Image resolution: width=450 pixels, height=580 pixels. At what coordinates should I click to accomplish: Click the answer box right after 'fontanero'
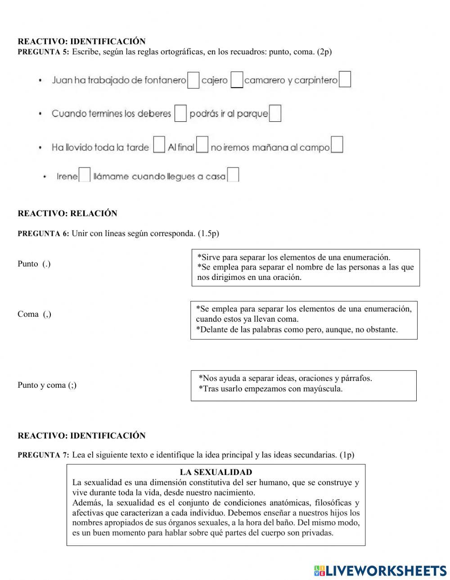click(193, 80)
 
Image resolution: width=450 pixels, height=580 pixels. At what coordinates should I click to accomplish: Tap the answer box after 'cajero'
click(237, 80)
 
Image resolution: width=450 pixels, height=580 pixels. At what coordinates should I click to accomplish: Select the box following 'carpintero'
click(345, 80)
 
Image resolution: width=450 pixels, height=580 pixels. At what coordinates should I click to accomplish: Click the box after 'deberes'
click(180, 113)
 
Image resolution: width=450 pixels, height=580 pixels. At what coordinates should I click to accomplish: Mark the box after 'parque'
click(275, 113)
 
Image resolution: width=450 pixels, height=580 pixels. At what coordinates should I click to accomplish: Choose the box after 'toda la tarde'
click(159, 145)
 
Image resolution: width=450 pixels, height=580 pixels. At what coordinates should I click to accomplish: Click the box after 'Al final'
click(202, 145)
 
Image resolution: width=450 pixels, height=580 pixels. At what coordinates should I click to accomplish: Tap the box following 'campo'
click(337, 145)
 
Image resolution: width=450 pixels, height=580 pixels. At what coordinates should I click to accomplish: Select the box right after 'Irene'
click(85, 175)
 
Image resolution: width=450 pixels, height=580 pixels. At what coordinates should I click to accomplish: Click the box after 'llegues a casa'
click(233, 175)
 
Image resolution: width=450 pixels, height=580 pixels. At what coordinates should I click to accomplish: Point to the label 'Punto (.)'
click(34, 264)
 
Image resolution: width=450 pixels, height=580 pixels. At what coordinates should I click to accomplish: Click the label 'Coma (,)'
click(34, 314)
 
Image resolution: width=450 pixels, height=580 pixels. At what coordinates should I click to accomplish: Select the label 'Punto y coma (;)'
click(47, 385)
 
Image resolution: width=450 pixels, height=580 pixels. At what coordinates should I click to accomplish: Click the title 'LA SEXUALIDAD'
click(216, 472)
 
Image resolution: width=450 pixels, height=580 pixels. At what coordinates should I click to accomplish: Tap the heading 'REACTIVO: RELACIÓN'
click(67, 213)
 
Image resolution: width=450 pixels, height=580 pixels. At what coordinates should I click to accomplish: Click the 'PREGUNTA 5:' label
click(43, 52)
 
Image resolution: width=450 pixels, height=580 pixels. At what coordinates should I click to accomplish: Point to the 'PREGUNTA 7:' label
click(43, 455)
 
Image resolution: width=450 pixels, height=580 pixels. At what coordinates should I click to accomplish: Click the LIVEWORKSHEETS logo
click(380, 571)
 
